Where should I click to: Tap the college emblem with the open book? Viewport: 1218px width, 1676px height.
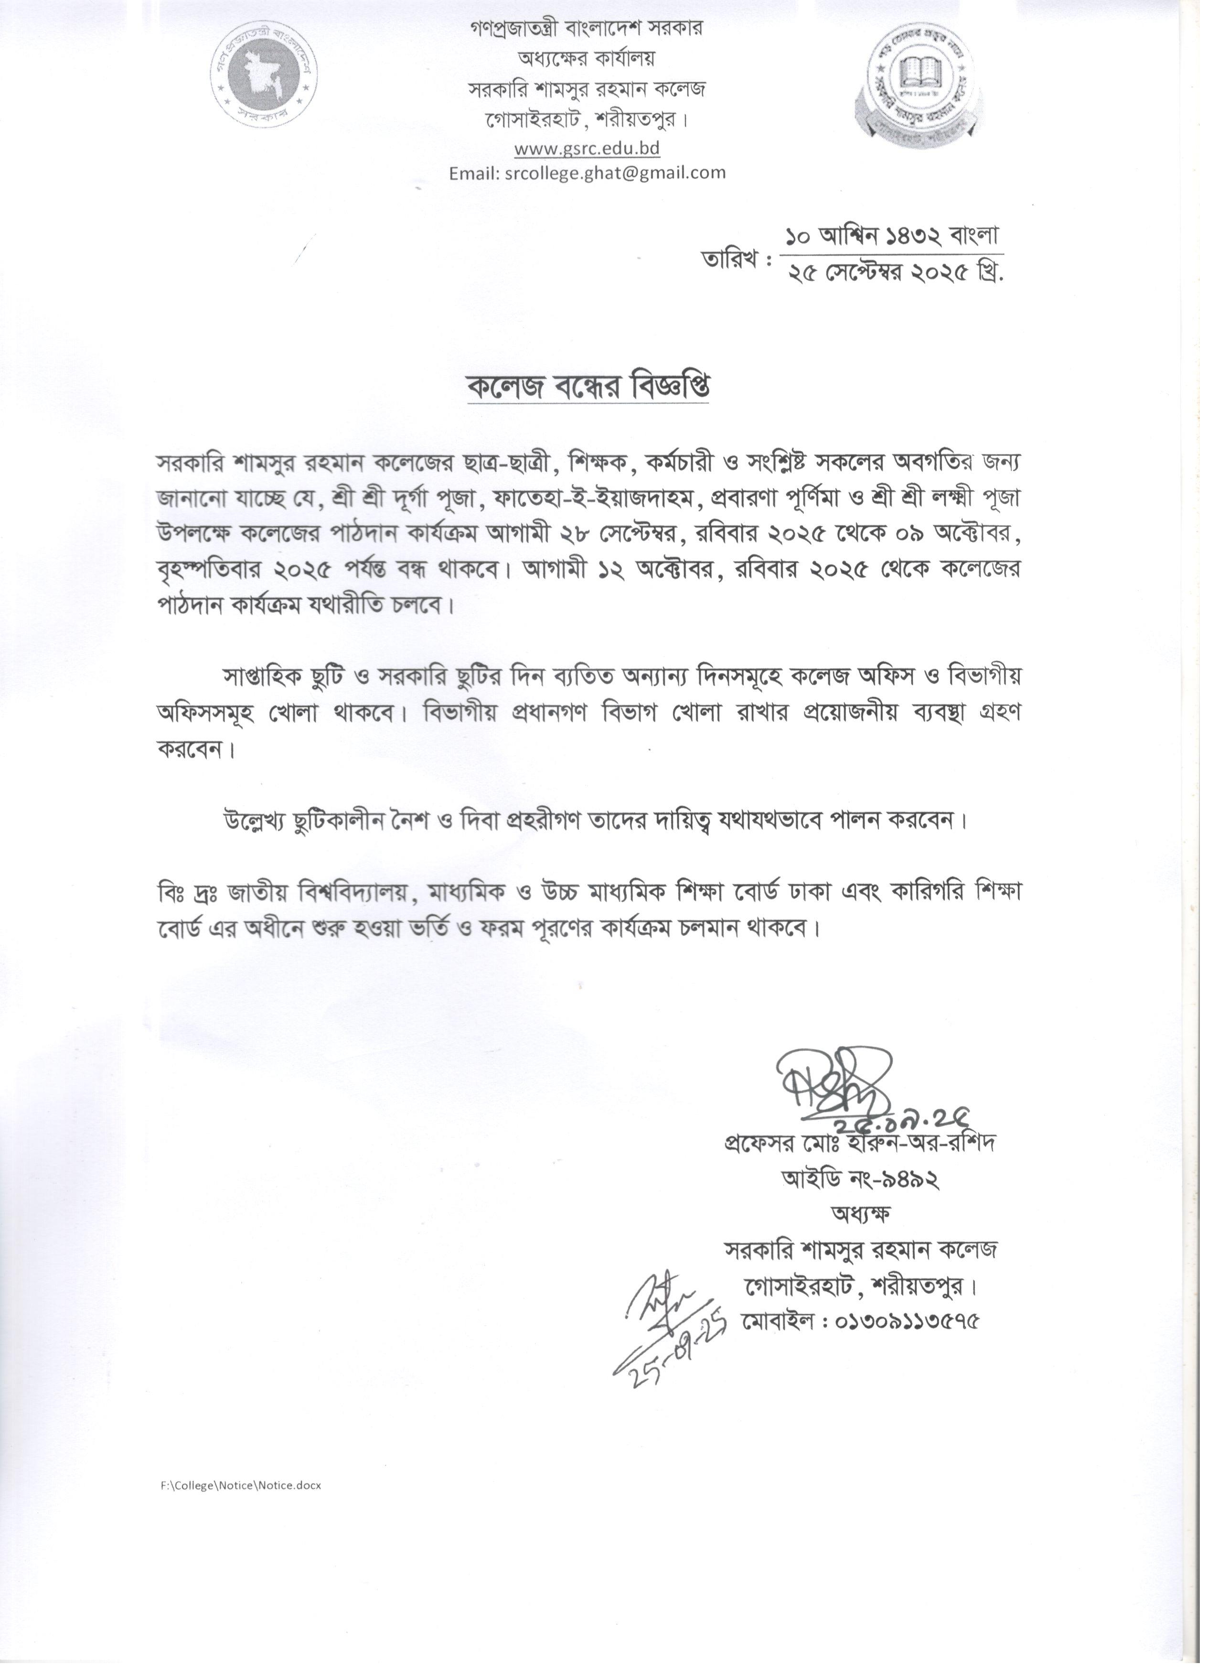pyautogui.click(x=918, y=82)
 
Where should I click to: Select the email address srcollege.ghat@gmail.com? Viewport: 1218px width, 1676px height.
pyautogui.click(x=587, y=173)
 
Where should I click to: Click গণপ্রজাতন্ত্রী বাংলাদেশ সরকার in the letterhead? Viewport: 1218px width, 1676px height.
pyautogui.click(x=587, y=28)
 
